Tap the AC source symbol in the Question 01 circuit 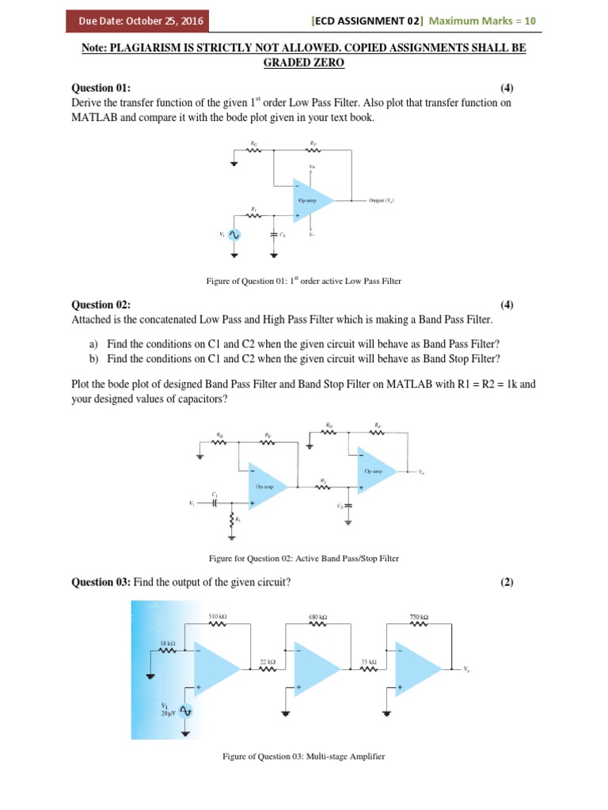(234, 235)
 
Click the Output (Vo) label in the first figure (382, 201)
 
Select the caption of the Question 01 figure (304, 280)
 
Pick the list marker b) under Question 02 (93, 358)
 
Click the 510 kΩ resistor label (218, 615)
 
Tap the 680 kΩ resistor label (317, 616)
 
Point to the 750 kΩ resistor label (419, 616)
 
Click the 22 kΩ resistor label (268, 660)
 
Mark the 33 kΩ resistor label (368, 660)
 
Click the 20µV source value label (168, 713)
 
